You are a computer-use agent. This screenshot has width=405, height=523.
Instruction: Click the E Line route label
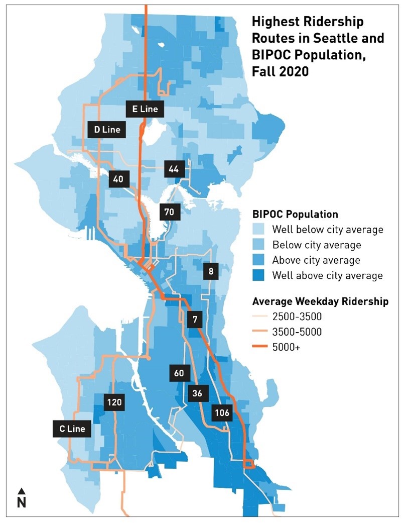145,109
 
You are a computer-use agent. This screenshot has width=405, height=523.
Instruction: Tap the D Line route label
107,130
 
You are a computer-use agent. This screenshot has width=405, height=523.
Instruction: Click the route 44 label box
174,169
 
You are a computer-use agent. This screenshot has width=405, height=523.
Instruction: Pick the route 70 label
169,212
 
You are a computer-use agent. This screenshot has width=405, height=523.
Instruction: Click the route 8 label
211,272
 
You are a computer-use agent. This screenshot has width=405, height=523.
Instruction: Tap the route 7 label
194,319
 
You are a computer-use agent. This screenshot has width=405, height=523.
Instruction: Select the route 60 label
179,373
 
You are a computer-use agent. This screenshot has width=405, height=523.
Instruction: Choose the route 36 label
197,393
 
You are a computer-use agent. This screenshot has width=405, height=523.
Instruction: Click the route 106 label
222,413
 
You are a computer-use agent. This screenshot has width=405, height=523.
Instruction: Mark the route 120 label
113,402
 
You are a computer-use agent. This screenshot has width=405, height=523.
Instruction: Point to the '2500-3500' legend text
297,317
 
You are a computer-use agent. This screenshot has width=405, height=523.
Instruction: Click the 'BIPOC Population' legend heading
295,214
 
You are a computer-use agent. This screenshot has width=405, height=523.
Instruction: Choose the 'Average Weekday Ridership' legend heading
327,301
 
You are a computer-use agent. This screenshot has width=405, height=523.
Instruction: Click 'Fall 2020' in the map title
280,71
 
